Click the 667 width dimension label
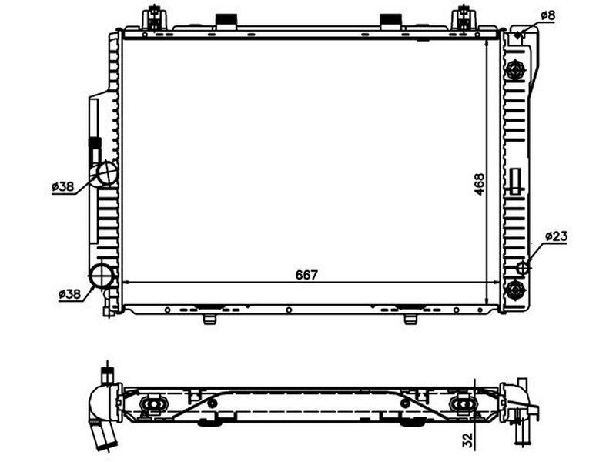pyautogui.click(x=306, y=275)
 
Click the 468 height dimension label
pyautogui.click(x=479, y=184)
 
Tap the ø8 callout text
pyautogui.click(x=547, y=15)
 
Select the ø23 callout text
pyautogui.click(x=556, y=236)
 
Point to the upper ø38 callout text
pyautogui.click(x=63, y=186)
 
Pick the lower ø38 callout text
pyautogui.click(x=69, y=293)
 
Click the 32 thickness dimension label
pyautogui.click(x=467, y=440)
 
